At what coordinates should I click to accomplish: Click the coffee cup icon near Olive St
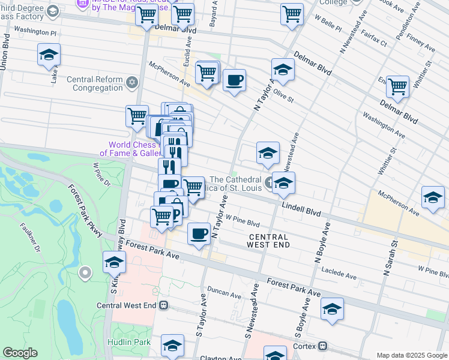pos(234,80)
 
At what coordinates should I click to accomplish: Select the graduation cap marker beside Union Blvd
pos(49,55)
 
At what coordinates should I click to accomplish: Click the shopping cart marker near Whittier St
pos(397,87)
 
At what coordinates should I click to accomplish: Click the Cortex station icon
pos(323,346)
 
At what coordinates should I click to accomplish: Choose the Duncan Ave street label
pos(224,293)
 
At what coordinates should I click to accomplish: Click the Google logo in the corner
pos(20,353)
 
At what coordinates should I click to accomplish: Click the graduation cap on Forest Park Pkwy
pos(114,262)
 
